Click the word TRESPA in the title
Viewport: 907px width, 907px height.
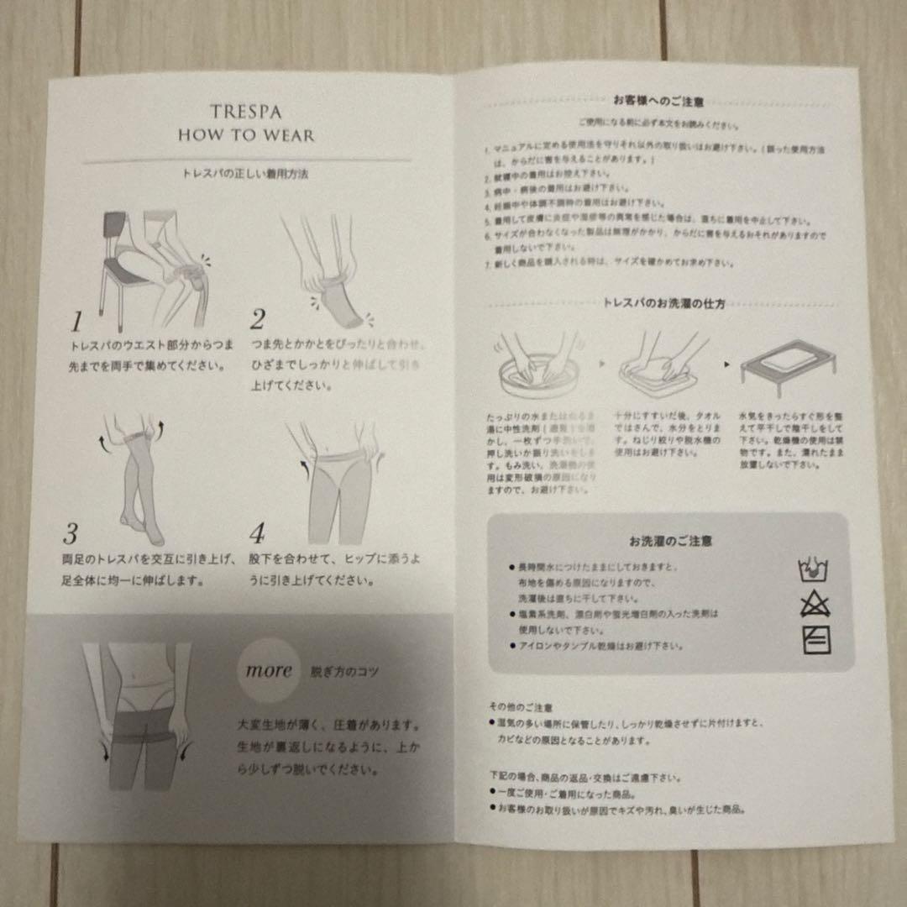[245, 110]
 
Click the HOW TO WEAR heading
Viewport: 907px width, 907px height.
[245, 135]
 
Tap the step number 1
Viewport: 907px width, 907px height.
[76, 321]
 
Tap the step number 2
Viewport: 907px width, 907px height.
[258, 320]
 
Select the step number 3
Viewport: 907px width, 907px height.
[71, 533]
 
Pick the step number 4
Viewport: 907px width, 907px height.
[257, 533]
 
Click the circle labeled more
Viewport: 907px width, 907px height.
[269, 670]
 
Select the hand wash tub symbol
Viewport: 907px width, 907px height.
[812, 571]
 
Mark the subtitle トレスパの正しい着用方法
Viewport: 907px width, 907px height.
[244, 174]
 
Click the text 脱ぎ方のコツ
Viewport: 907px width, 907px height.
[345, 670]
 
